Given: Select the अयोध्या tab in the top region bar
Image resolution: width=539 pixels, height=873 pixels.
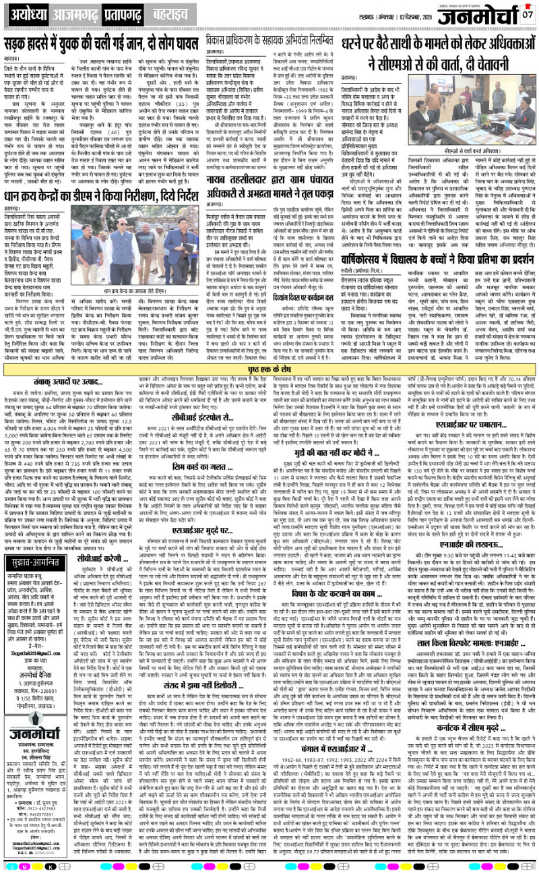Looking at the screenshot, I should tap(24, 13).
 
